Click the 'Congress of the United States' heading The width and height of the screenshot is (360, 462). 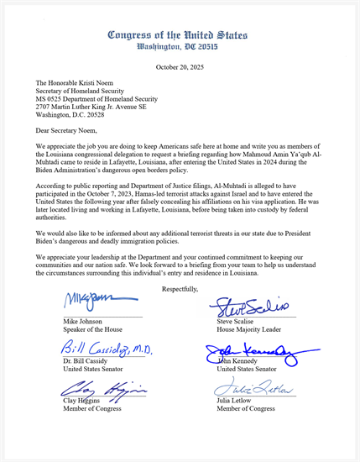(177, 35)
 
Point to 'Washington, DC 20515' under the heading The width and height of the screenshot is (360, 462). (177, 48)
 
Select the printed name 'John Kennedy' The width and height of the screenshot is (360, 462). (239, 361)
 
